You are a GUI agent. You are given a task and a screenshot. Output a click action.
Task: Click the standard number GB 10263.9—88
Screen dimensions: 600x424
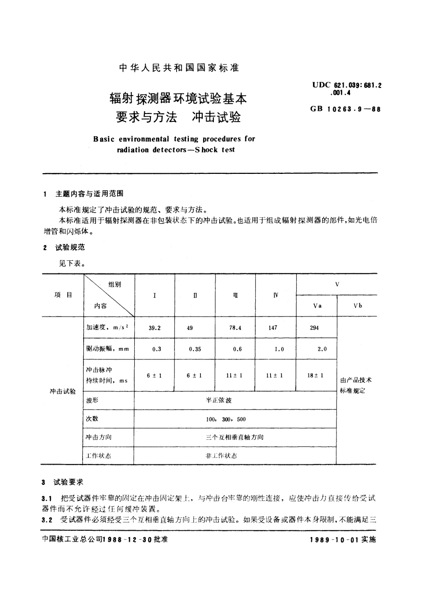point(345,109)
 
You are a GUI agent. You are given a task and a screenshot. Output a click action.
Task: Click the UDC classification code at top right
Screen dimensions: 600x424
point(344,85)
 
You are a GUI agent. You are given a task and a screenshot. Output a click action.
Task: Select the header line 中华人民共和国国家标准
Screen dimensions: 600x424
point(179,68)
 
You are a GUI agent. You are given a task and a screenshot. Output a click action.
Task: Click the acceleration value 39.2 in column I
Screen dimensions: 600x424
point(155,328)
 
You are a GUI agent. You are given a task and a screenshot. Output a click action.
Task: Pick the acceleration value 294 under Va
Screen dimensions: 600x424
point(314,328)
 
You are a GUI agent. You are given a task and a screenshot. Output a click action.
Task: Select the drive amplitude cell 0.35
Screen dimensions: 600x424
point(195,349)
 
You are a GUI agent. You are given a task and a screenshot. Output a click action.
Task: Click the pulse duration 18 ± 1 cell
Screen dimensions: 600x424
point(315,375)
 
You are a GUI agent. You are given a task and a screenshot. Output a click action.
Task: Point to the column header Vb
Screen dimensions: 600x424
point(358,306)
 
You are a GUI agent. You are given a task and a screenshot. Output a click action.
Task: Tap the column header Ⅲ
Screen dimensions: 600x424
point(235,295)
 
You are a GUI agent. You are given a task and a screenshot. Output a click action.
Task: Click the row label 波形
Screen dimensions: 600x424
point(92,400)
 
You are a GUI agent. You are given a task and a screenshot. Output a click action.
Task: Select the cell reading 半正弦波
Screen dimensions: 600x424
point(219,400)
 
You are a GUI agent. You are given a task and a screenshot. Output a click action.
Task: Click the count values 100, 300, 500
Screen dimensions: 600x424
point(226,419)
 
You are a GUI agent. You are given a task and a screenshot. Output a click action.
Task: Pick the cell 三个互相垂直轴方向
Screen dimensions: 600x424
point(235,437)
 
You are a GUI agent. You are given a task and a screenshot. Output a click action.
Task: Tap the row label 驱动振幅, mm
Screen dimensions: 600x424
point(108,349)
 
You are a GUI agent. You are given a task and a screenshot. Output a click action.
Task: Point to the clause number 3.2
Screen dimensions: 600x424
point(47,520)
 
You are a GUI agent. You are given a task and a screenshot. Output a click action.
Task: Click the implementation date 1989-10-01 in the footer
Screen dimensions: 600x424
point(335,540)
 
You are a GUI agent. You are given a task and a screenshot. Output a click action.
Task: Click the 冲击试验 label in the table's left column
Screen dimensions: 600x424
point(63,391)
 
